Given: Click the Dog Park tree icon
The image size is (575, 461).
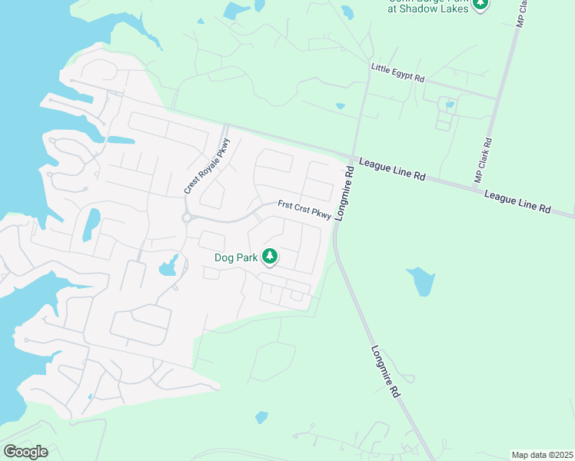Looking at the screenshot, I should pyautogui.click(x=270, y=256).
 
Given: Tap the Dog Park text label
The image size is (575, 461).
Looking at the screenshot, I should pyautogui.click(x=235, y=258).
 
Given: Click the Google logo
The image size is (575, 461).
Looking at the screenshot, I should pyautogui.click(x=26, y=452).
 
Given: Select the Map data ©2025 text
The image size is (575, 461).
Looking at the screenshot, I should pyautogui.click(x=542, y=455).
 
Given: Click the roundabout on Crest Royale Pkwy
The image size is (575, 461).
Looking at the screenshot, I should pyautogui.click(x=187, y=217).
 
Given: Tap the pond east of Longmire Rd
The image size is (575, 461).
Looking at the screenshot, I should pyautogui.click(x=420, y=281).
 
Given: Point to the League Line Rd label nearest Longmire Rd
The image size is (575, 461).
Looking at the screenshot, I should pyautogui.click(x=392, y=171).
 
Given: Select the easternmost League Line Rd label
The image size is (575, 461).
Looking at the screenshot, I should pyautogui.click(x=517, y=202).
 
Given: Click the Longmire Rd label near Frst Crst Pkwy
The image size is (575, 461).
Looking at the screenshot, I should pyautogui.click(x=343, y=195).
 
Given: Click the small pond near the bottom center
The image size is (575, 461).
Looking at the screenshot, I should pyautogui.click(x=261, y=417).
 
